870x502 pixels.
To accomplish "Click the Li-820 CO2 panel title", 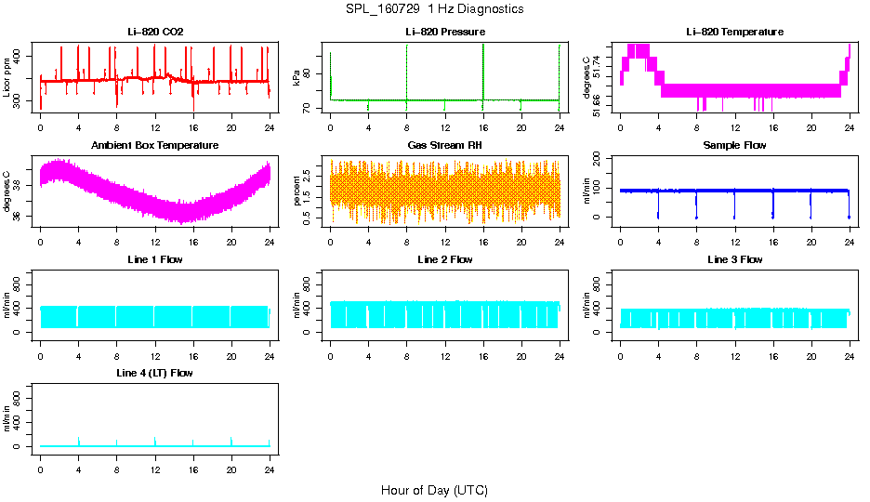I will [155, 32].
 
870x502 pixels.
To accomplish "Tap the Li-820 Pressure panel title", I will [444, 32].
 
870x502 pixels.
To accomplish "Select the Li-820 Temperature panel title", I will [734, 32].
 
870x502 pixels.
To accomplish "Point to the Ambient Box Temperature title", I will [155, 145].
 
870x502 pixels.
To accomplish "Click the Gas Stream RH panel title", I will [444, 145].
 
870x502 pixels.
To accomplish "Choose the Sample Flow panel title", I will [734, 145].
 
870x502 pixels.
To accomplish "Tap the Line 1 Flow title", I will [155, 259].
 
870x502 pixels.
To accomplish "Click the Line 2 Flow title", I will [444, 259].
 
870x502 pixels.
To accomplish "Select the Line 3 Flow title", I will [734, 259].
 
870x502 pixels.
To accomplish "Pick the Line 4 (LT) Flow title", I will [155, 373].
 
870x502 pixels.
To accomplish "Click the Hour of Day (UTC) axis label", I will [434, 490].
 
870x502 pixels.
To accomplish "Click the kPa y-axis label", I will [297, 78].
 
